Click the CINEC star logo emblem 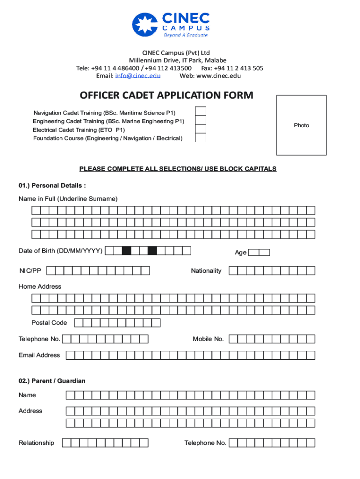pyautogui.click(x=145, y=24)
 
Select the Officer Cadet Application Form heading pyautogui.click(x=166, y=96)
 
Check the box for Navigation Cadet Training pyautogui.click(x=200, y=111)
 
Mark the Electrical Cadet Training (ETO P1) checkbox pyautogui.click(x=200, y=129)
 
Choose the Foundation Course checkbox pyautogui.click(x=200, y=138)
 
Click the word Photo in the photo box pyautogui.click(x=302, y=125)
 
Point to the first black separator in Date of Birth pyautogui.click(x=126, y=251)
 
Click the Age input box pyautogui.click(x=259, y=253)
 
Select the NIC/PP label pyautogui.click(x=30, y=271)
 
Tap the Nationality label pyautogui.click(x=206, y=271)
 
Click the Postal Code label pyautogui.click(x=49, y=323)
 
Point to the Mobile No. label pyautogui.click(x=208, y=339)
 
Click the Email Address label pyautogui.click(x=39, y=355)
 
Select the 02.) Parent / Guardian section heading pyautogui.click(x=52, y=381)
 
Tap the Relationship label pyautogui.click(x=36, y=443)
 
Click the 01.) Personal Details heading pyautogui.click(x=52, y=186)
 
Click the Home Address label pyautogui.click(x=40, y=287)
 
